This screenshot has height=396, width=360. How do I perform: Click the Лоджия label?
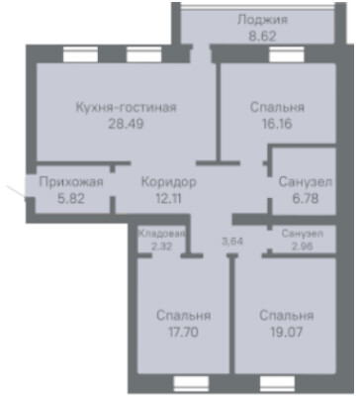(x=262, y=20)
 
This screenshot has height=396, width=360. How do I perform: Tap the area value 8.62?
(x=262, y=37)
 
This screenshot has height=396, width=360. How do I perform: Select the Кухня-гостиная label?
(x=127, y=108)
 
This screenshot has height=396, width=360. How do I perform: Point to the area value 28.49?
(x=126, y=124)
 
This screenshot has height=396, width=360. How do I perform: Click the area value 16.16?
(x=277, y=124)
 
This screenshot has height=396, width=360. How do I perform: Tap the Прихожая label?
(x=71, y=182)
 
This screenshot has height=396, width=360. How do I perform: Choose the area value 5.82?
(x=71, y=199)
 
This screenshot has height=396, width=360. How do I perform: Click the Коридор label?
(x=168, y=182)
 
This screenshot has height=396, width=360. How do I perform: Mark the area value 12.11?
(x=168, y=199)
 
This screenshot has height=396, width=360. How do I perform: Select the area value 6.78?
(x=306, y=199)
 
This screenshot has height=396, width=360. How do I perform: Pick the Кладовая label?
(x=161, y=234)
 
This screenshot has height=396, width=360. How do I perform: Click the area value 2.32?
(x=161, y=246)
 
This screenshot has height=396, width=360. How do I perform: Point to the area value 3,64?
(x=232, y=242)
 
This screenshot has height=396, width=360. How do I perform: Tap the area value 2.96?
(x=303, y=246)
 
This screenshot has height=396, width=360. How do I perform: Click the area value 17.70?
(x=184, y=332)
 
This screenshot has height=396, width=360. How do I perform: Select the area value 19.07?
(x=286, y=332)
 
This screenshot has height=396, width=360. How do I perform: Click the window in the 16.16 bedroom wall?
(x=287, y=54)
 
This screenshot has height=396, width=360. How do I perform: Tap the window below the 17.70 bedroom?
(x=191, y=384)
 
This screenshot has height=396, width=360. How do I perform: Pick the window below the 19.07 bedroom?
(x=277, y=384)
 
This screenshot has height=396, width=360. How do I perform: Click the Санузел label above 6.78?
(x=306, y=182)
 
